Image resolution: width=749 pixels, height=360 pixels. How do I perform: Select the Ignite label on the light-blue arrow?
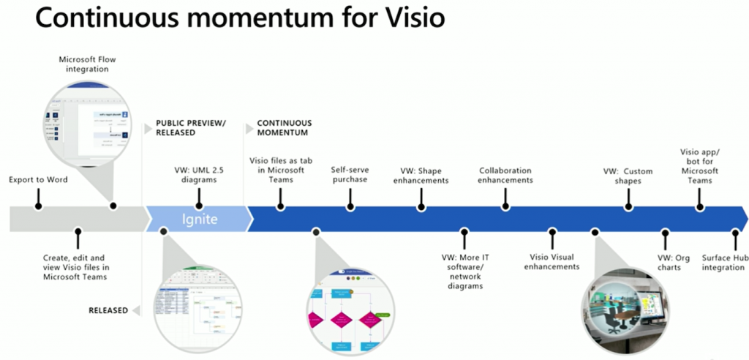200,219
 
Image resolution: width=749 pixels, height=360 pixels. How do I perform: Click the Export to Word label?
38,179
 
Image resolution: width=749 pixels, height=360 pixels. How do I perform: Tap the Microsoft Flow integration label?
83,63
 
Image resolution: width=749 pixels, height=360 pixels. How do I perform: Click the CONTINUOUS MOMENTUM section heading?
284,128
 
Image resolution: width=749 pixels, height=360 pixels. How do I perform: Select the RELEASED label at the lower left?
108,310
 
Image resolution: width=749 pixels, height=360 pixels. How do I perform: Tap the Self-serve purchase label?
349,174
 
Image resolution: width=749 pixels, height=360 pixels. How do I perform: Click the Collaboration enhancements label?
506,175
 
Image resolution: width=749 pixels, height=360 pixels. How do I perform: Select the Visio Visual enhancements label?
552,262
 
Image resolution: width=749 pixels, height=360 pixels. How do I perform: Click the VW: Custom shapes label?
628,176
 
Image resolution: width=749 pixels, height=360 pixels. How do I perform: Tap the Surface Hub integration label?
724,262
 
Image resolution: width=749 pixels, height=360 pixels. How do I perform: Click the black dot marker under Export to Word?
38,206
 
